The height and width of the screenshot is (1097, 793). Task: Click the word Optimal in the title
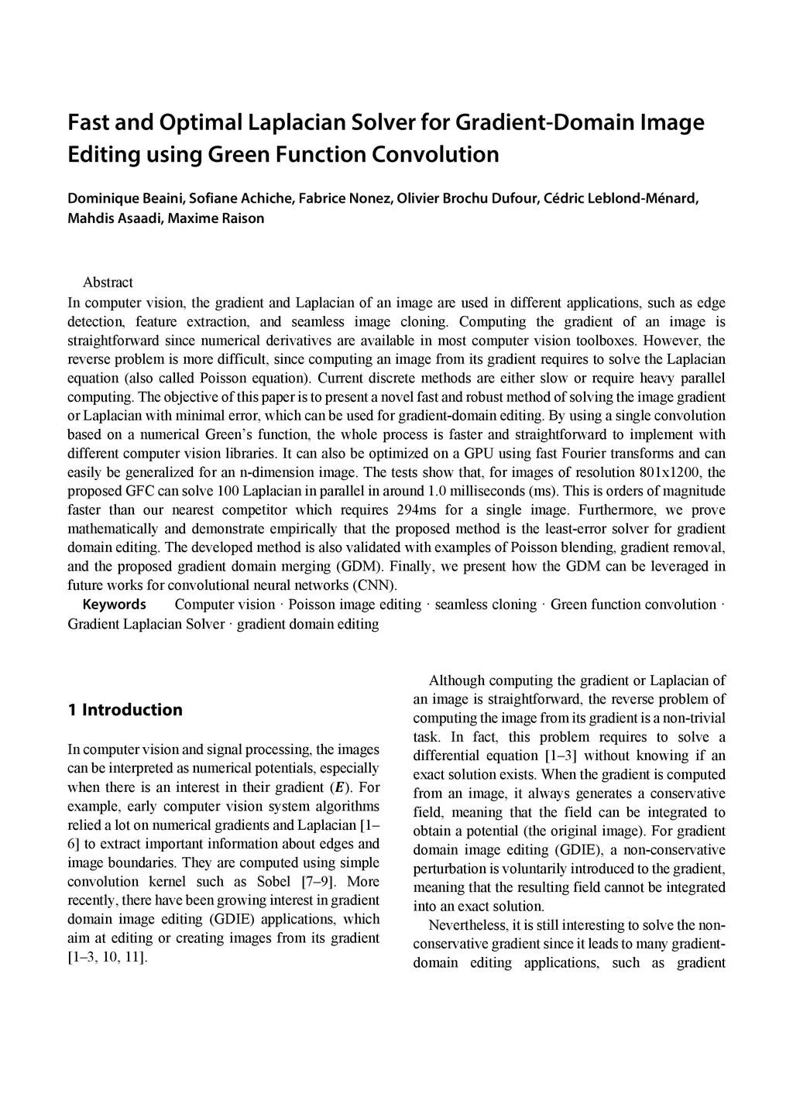199,122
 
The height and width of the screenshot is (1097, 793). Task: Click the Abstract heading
108,283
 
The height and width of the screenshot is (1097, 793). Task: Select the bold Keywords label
114,605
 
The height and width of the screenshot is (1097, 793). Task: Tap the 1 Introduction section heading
125,710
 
